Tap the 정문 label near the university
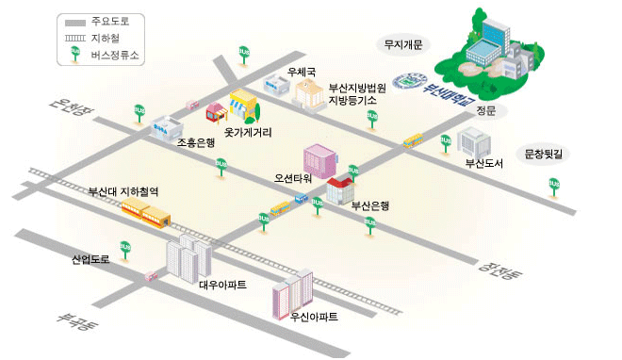(486, 110)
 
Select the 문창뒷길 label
(549, 151)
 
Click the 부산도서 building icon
(474, 142)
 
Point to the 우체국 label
(302, 71)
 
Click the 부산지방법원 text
(357, 88)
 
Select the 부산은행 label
(370, 204)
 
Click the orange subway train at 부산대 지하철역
(146, 211)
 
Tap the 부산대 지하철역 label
(123, 191)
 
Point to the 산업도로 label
(90, 258)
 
